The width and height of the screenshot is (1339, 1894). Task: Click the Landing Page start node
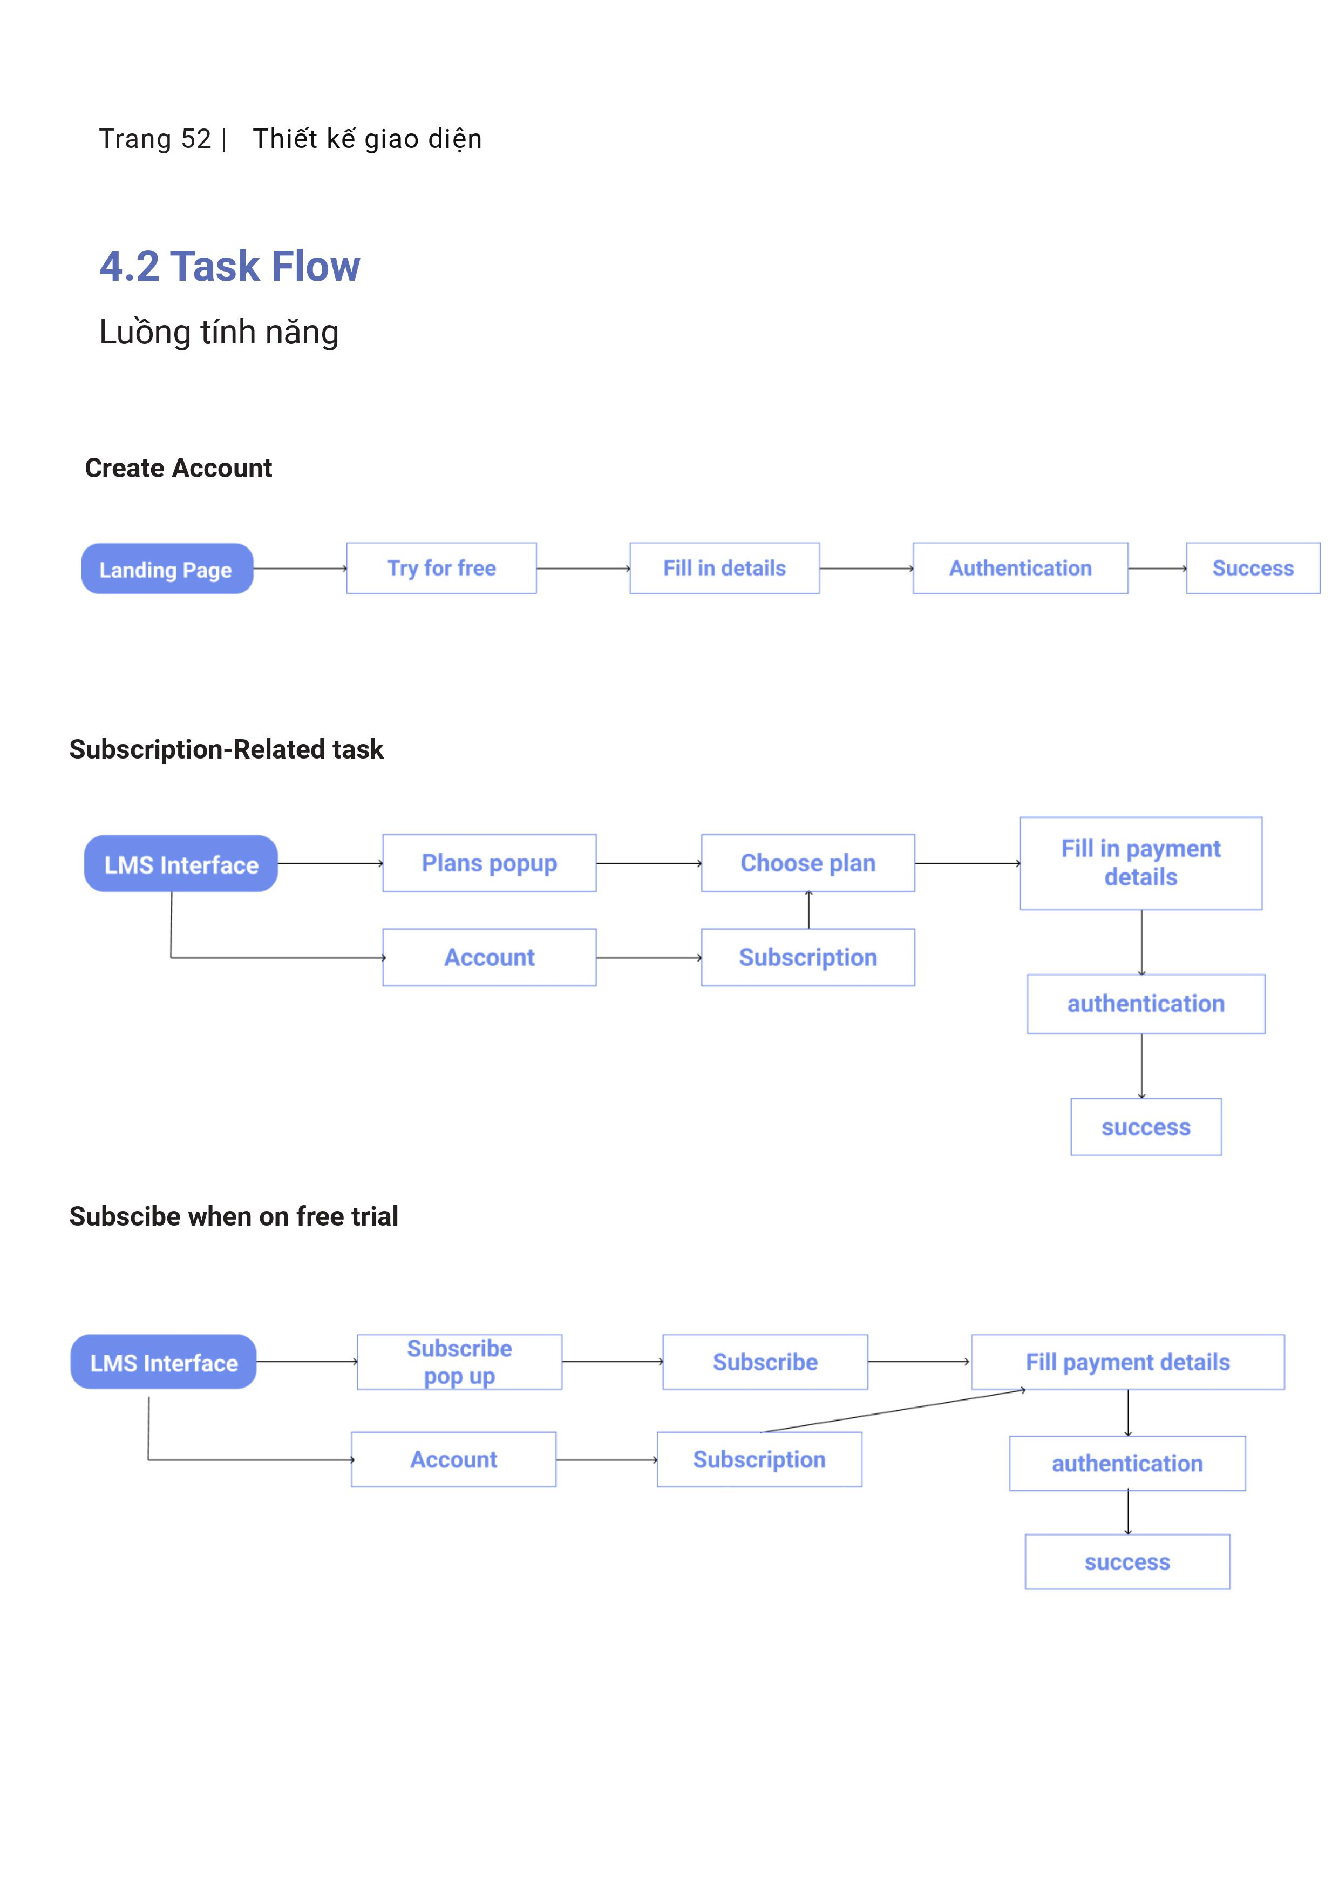pos(167,569)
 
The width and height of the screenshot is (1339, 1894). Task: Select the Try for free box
pos(441,569)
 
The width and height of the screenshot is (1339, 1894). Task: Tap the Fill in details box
pos(725,569)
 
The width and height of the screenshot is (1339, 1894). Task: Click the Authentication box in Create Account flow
pos(1020,569)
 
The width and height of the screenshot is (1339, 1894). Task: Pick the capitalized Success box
pos(1253,569)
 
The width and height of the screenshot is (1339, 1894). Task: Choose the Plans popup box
pos(490,863)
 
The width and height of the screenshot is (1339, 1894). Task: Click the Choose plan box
pos(808,863)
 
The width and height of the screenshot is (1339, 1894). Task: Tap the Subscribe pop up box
pos(459,1362)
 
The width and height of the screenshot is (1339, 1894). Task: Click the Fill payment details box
pos(1128,1362)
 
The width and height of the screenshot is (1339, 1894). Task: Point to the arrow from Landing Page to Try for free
pos(300,569)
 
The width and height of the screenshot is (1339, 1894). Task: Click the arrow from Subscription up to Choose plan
pos(809,910)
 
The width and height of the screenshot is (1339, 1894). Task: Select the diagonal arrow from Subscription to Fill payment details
pos(894,1411)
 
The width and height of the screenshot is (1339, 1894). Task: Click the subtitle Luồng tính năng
pos(219,332)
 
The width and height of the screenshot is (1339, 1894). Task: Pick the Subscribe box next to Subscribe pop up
pos(765,1362)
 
